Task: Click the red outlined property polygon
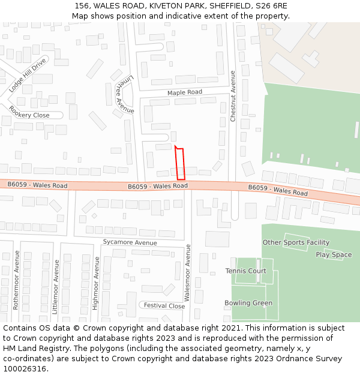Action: (x=180, y=163)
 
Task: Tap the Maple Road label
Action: (x=184, y=92)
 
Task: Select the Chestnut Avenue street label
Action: (x=233, y=96)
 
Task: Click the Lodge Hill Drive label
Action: (x=27, y=75)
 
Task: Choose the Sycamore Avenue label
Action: (x=130, y=242)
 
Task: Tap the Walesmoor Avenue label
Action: (x=188, y=272)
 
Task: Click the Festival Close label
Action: (x=164, y=305)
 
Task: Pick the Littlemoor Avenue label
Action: (x=56, y=286)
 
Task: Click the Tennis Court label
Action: (x=246, y=271)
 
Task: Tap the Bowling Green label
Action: (x=248, y=303)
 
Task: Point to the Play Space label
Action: (x=334, y=255)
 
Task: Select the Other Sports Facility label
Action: (x=296, y=242)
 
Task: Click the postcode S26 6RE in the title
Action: (x=272, y=6)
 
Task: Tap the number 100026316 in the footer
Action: (x=24, y=369)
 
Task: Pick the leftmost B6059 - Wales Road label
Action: (x=37, y=185)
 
